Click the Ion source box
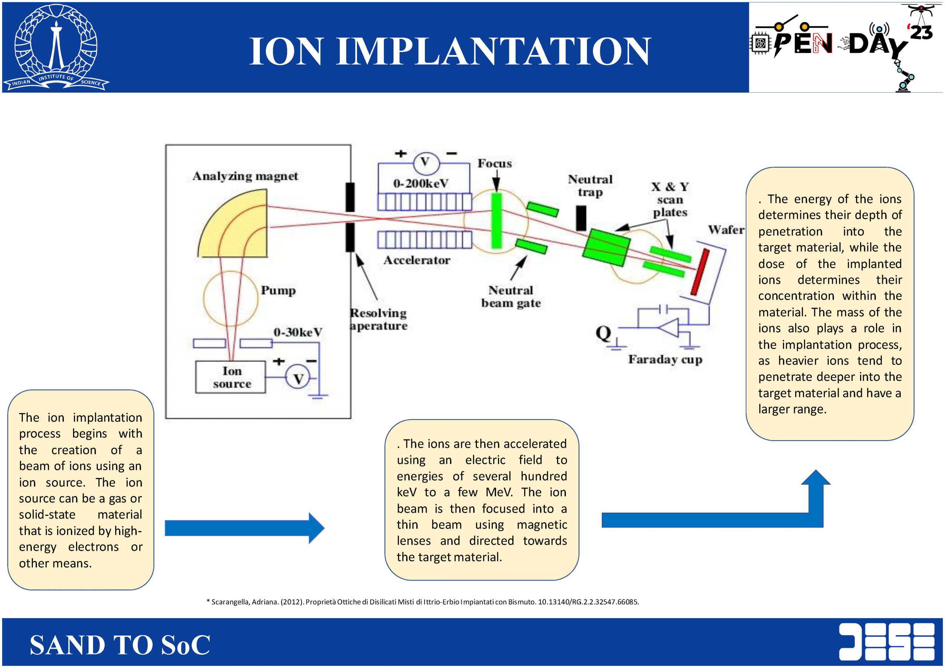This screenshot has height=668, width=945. pos(230,377)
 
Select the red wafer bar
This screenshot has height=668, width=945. pos(700,272)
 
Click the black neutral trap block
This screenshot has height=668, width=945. pos(581,218)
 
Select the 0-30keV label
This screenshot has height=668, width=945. pos(298,332)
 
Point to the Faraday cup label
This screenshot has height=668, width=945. pos(665,359)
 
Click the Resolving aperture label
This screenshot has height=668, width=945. pos(378,319)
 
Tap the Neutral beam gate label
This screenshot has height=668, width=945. pos(511,297)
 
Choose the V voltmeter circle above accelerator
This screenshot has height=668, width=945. pos(425,162)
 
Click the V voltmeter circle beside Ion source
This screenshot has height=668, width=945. pos(298,378)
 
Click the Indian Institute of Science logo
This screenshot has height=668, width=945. pos(56,48)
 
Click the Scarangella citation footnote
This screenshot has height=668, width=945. pos(422,602)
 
